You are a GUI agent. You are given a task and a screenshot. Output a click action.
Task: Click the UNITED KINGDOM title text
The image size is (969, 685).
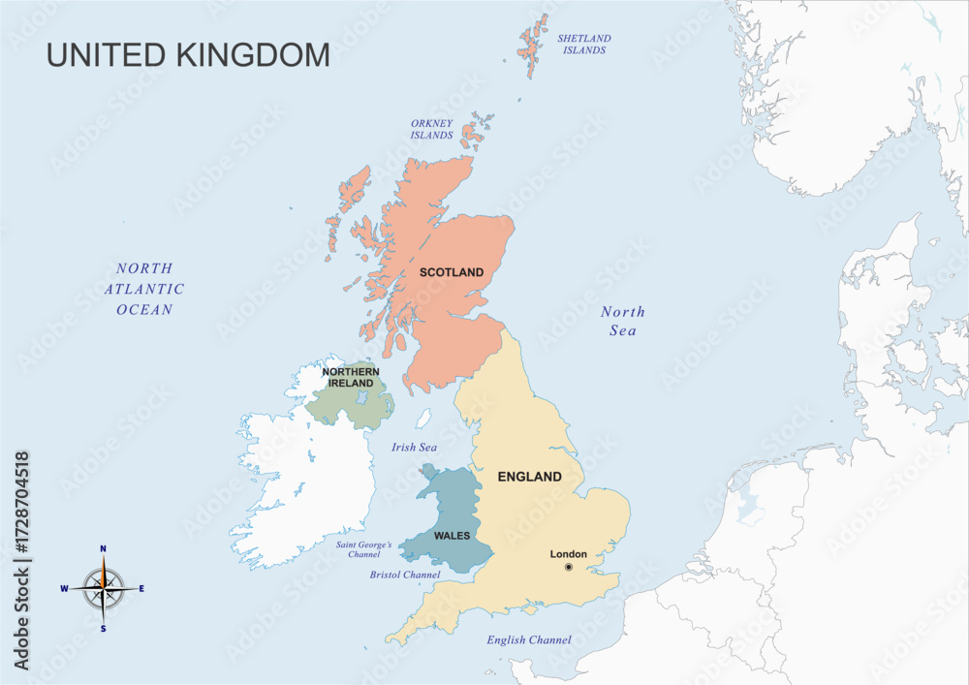click(188, 55)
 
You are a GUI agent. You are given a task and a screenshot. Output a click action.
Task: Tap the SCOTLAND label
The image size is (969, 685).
click(451, 272)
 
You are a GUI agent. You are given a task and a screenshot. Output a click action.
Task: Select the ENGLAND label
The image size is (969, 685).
click(529, 477)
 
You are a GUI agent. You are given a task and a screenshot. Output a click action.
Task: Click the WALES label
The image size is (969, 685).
click(453, 536)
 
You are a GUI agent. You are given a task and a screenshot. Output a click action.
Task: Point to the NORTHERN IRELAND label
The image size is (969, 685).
click(350, 377)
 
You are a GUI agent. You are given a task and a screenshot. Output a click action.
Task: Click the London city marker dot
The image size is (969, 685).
click(569, 567)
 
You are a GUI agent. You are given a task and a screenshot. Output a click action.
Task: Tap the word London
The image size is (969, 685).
click(569, 554)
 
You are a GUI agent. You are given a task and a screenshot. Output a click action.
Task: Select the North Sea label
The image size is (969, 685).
click(622, 322)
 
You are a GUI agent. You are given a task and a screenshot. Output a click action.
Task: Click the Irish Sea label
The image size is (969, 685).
click(414, 448)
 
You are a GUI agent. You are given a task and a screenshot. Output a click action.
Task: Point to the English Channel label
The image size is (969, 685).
click(528, 639)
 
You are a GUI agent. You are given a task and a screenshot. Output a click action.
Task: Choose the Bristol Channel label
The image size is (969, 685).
click(405, 575)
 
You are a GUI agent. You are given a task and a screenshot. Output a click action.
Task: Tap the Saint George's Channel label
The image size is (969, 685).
click(364, 549)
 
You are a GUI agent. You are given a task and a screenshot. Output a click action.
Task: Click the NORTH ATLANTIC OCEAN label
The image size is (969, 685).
click(144, 289)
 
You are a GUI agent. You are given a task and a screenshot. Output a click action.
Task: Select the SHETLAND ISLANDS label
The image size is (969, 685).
click(584, 44)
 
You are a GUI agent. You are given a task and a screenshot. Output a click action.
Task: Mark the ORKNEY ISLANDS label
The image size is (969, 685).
click(431, 129)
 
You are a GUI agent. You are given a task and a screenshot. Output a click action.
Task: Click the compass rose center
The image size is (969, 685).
click(103, 588)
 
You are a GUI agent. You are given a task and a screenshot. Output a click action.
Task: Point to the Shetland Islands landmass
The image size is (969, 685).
click(534, 44)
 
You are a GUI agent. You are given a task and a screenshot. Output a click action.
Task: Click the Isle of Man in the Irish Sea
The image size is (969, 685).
click(423, 419)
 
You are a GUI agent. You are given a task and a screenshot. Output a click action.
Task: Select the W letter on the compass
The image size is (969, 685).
click(64, 588)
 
